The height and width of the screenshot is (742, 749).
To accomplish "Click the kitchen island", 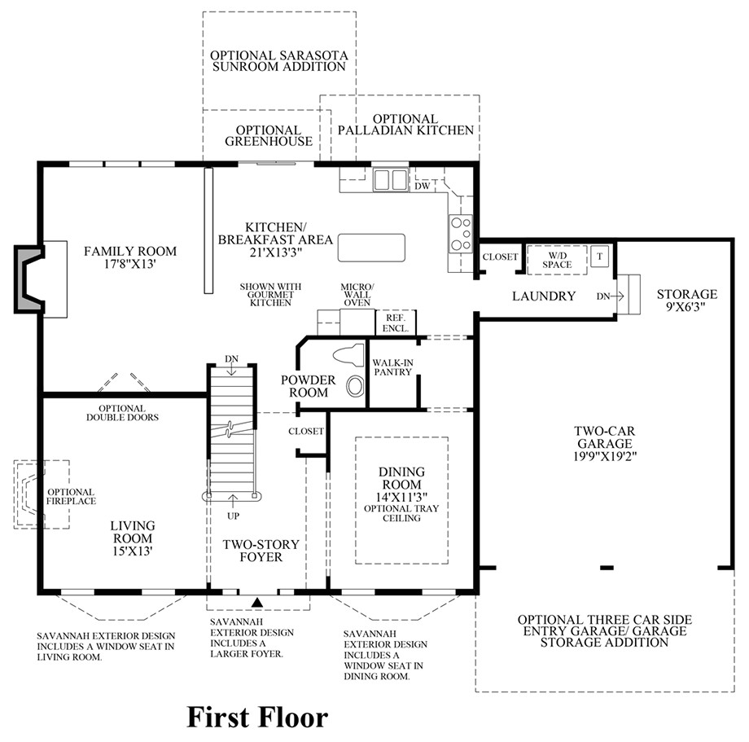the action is point(371,248).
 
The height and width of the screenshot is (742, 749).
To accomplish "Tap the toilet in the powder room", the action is point(348,354).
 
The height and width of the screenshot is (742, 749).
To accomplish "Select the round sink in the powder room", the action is point(355,386).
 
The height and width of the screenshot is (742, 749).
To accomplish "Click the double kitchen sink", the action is point(390,180).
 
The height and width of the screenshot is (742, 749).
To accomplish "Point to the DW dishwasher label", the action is point(423,186).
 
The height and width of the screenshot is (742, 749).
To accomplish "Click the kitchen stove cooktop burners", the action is point(461,234).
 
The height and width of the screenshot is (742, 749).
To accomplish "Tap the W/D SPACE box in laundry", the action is point(557,260).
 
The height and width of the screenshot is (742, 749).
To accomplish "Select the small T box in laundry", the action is point(599,256).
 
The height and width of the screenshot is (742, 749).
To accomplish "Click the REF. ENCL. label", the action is point(396,323).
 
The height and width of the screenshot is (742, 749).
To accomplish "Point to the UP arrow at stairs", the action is point(233,502).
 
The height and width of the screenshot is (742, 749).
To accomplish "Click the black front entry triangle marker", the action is point(257,602).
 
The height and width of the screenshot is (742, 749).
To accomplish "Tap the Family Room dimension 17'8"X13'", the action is point(130,264).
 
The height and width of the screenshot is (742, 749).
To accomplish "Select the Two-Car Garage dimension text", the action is point(605,456).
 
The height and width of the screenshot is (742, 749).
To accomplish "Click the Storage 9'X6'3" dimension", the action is point(686,307).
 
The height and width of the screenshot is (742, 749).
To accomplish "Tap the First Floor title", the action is point(257,717).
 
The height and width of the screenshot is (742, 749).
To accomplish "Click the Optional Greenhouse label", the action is point(269,136).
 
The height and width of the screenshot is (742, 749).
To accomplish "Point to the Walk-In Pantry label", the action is point(392,367).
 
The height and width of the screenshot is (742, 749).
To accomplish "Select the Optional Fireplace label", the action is point(71,496).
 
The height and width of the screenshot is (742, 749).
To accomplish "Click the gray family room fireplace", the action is point(29,279).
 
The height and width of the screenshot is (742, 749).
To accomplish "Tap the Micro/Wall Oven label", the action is point(357,294).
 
